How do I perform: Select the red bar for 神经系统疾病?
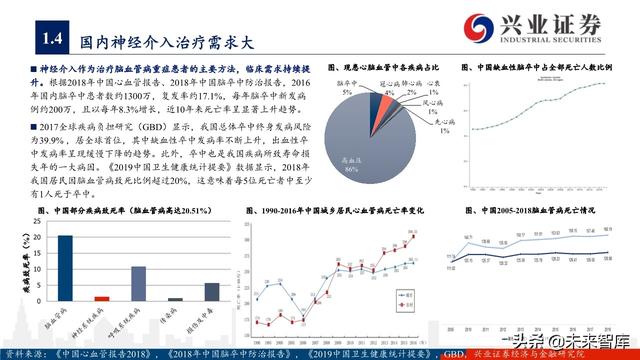pyautogui.click(x=102, y=298)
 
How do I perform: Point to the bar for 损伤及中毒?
pyautogui.click(x=211, y=291)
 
